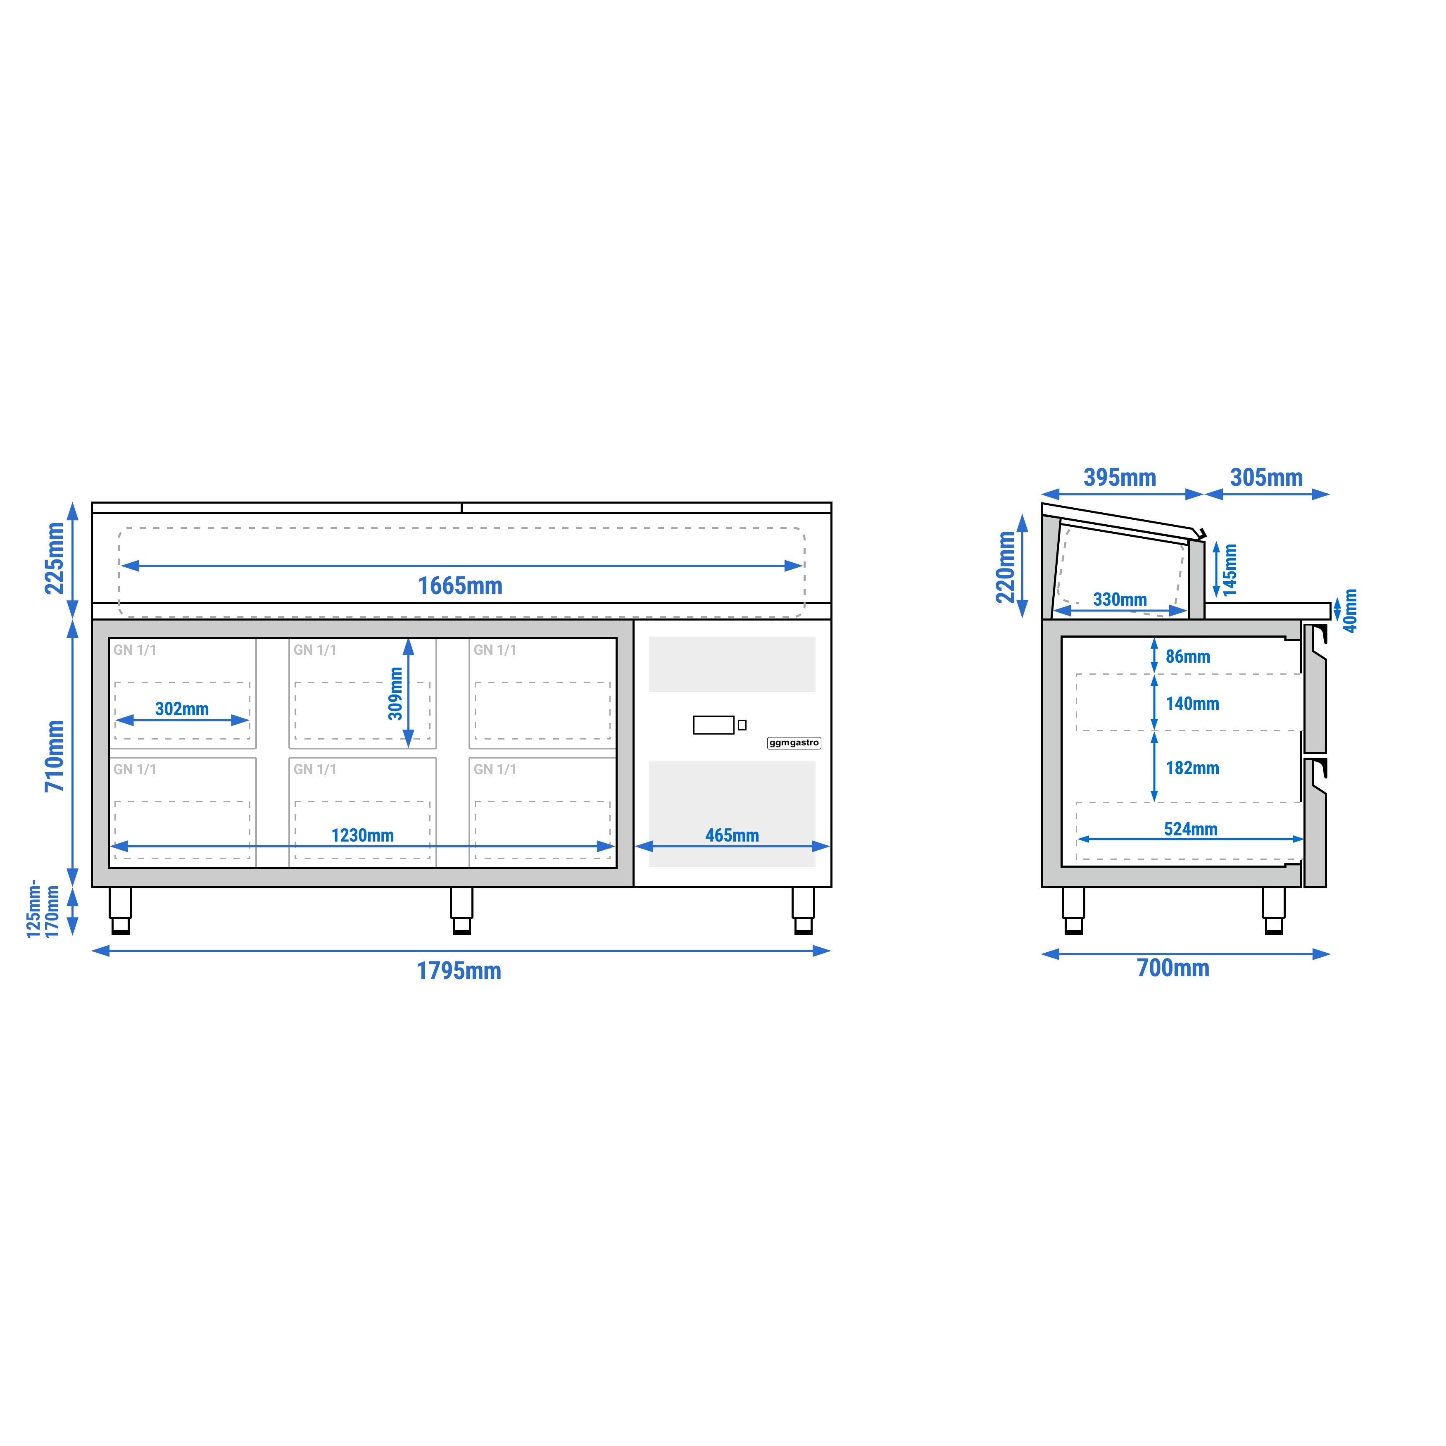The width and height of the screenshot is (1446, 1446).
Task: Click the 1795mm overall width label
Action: (x=459, y=971)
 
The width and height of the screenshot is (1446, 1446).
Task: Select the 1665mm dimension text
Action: (x=459, y=585)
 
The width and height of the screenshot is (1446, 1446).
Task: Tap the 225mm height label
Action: (x=55, y=558)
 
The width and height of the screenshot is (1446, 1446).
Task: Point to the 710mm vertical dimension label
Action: (x=55, y=756)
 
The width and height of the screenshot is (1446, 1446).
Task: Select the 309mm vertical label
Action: (x=395, y=694)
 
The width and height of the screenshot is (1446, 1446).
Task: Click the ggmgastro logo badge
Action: (x=794, y=743)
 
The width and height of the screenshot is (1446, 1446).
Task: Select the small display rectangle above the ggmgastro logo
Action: (x=713, y=725)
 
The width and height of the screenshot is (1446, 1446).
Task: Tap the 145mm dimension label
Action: (x=1230, y=570)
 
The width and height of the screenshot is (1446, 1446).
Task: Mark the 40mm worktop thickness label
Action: (x=1350, y=611)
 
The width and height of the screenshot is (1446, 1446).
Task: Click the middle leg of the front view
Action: (x=461, y=911)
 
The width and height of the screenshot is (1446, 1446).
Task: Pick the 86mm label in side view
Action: (x=1188, y=656)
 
